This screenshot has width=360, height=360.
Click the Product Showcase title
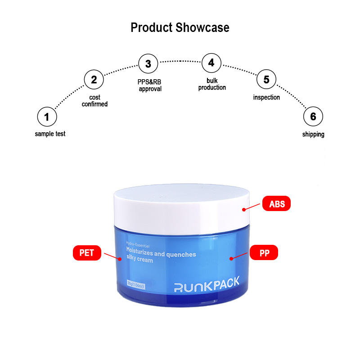[x=180, y=27]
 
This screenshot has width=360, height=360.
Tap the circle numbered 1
[x=47, y=117]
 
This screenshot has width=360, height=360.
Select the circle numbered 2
[x=94, y=80]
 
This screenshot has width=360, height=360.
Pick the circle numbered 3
[x=148, y=64]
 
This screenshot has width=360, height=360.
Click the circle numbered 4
[x=211, y=63]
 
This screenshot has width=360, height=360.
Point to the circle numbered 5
[x=266, y=80]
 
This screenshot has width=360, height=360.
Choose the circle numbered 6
[x=313, y=117]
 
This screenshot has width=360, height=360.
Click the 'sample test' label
[x=50, y=134]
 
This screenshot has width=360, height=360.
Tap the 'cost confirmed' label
[x=94, y=101]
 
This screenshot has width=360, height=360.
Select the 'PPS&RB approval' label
[x=149, y=85]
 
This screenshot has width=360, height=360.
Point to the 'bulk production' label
[x=212, y=84]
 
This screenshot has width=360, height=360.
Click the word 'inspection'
[x=266, y=97]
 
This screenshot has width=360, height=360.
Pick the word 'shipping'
[x=313, y=134]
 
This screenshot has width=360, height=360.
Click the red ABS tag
[x=277, y=204]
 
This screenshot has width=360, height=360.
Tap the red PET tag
[x=87, y=253]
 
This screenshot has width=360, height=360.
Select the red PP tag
[x=264, y=253]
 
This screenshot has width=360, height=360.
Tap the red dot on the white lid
[x=243, y=209]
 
